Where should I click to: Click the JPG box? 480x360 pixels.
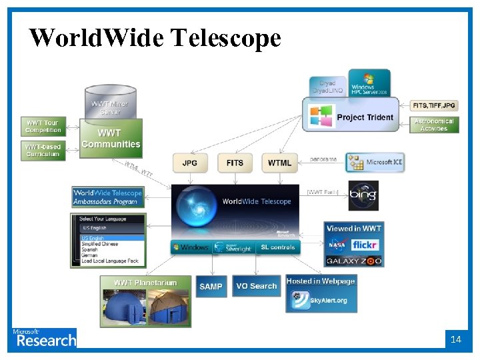tap(190, 163)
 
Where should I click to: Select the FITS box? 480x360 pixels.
tap(235, 163)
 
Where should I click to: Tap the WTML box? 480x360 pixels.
tap(279, 163)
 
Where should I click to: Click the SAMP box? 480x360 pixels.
tap(211, 286)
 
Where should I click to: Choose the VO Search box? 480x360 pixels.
tap(257, 286)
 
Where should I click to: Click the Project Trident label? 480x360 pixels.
tap(365, 117)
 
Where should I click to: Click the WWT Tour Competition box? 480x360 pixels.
tap(43, 126)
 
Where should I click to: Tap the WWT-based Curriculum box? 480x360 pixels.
tap(43, 150)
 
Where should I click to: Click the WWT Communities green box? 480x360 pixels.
tap(111, 139)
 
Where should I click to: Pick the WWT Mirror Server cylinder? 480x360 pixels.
tap(111, 103)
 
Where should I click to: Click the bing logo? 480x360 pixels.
tap(363, 195)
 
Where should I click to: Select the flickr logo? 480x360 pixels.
tap(365, 245)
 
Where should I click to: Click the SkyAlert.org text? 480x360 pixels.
tap(328, 301)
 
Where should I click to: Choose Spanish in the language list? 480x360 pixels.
tap(89, 249)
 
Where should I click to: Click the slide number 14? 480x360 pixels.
tap(455, 339)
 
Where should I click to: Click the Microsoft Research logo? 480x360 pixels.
tap(44, 338)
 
